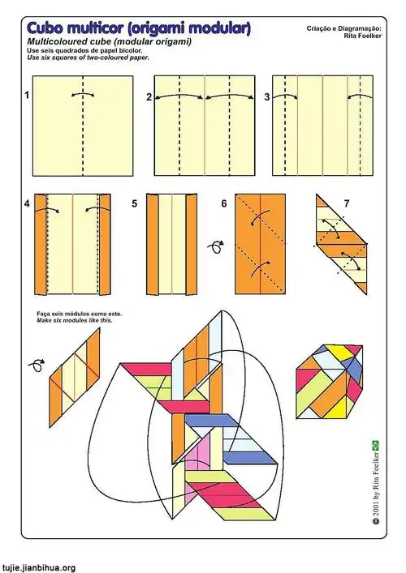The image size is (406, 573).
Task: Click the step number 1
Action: pyautogui.click(x=27, y=96)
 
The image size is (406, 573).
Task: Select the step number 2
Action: pyautogui.click(x=149, y=96)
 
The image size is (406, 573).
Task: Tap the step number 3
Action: pyautogui.click(x=266, y=96)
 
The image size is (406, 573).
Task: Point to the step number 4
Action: pyautogui.click(x=27, y=203)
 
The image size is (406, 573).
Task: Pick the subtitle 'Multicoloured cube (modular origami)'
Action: pyautogui.click(x=110, y=42)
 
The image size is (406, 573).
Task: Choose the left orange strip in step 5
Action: pyautogui.click(x=152, y=244)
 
